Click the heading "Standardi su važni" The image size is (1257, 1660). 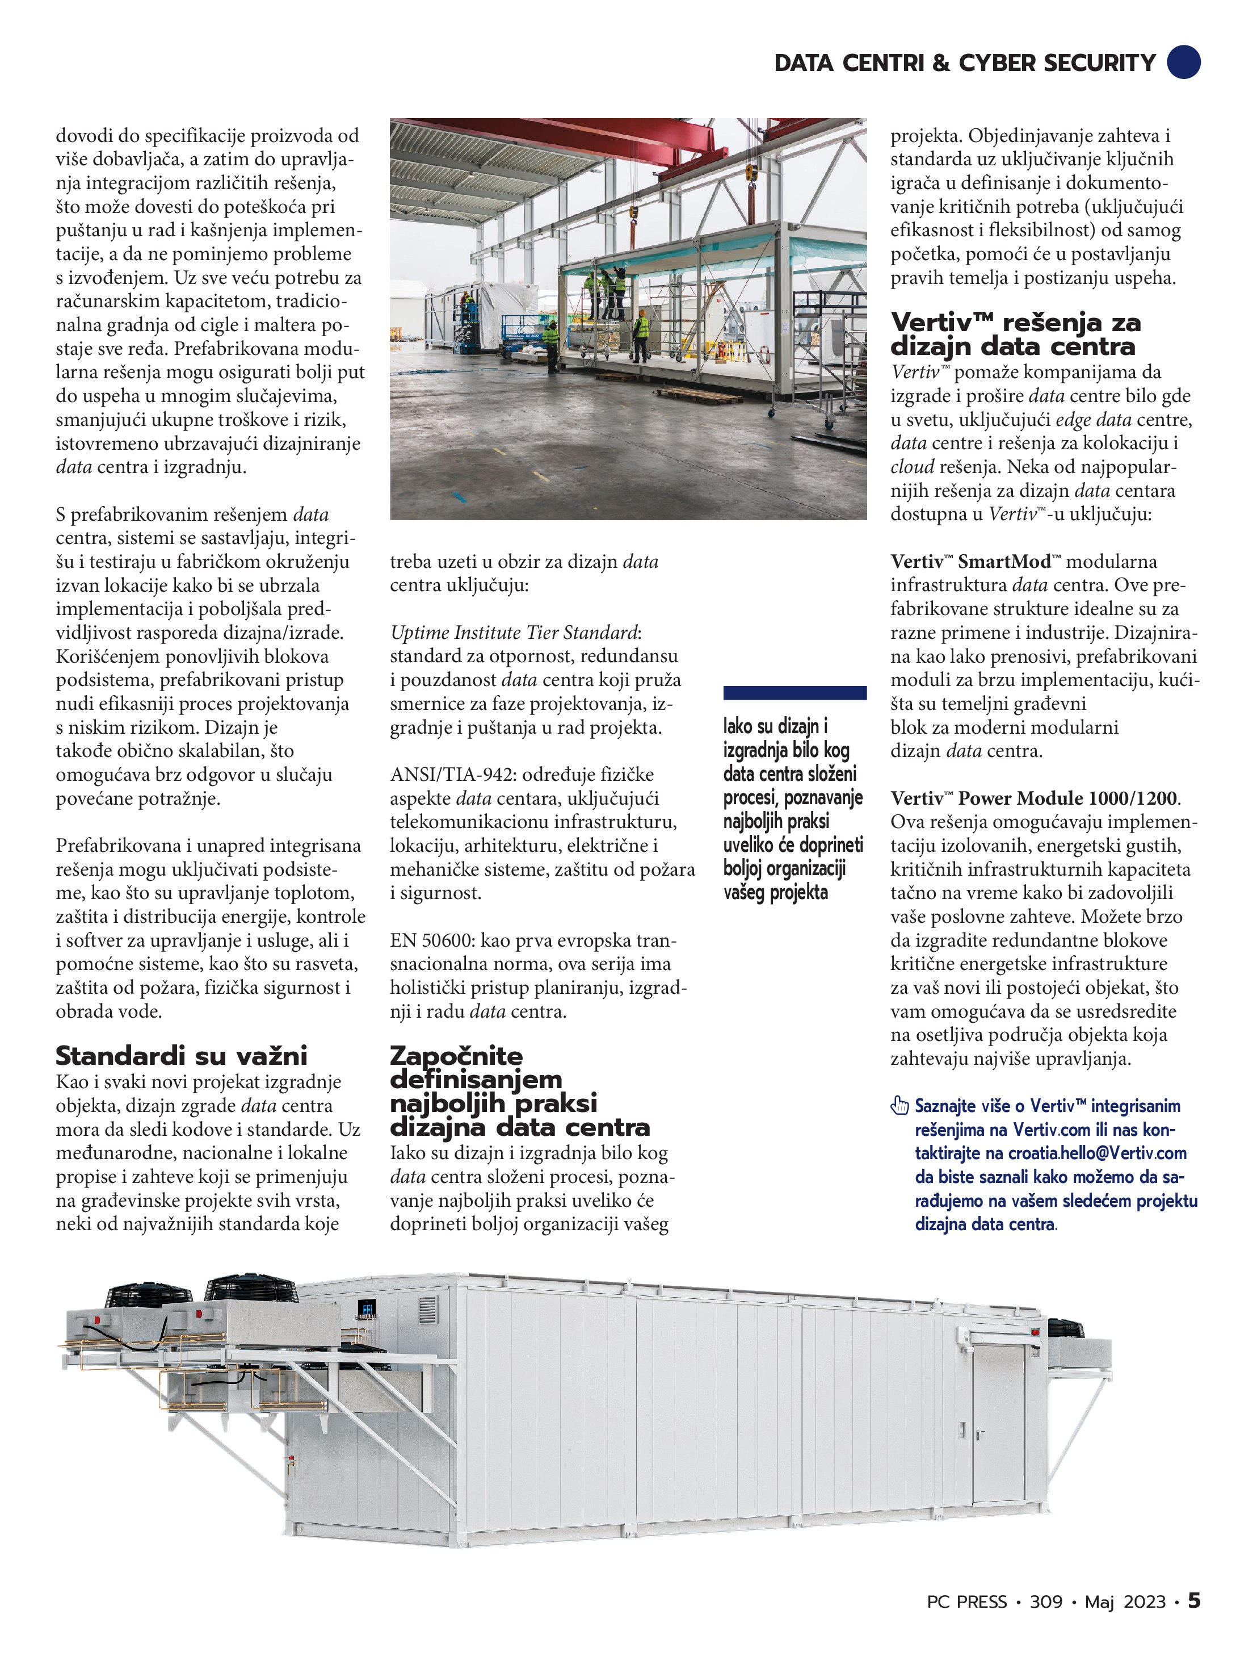pyautogui.click(x=182, y=1056)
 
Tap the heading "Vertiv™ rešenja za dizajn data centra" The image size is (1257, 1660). pyautogui.click(x=1015, y=334)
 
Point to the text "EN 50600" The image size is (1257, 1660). pyautogui.click(x=430, y=940)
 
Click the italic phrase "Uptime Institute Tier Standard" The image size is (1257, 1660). pyautogui.click(x=514, y=633)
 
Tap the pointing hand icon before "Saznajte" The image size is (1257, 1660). pyautogui.click(x=899, y=1105)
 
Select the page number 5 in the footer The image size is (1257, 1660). pyautogui.click(x=1194, y=1602)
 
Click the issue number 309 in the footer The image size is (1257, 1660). pyautogui.click(x=1045, y=1602)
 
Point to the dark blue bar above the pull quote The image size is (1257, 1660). pyautogui.click(x=794, y=693)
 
